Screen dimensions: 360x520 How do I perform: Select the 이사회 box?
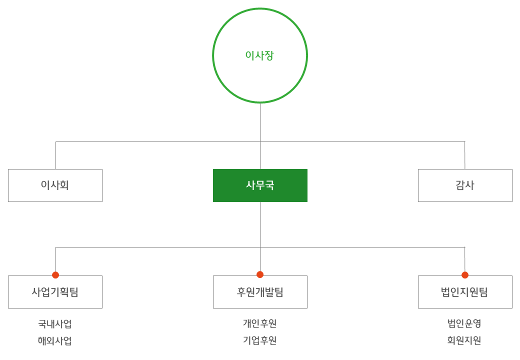[x=55, y=185]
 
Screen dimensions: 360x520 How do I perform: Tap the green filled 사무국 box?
[x=260, y=185]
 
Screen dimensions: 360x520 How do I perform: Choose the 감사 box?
[x=465, y=185]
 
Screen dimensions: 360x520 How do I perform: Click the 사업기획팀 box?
[x=55, y=292]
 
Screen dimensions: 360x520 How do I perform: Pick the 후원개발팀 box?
[x=260, y=292]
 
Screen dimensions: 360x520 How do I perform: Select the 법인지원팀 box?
[x=465, y=292]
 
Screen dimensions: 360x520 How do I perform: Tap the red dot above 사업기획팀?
[x=55, y=275]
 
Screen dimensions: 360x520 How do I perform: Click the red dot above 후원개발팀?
[x=260, y=274]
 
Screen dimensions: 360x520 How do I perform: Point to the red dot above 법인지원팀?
[x=465, y=275]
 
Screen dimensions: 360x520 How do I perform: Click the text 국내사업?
[x=55, y=324]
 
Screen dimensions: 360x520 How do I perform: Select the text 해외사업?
[x=55, y=341]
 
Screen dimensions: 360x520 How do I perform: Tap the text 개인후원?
[x=260, y=323]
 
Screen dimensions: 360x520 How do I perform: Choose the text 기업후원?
[x=260, y=340]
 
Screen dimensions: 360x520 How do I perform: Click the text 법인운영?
[x=464, y=323]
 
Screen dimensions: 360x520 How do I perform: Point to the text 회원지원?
[x=464, y=340]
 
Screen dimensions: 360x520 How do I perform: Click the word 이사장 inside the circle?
[x=259, y=55]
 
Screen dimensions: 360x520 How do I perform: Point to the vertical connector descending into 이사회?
[x=55, y=155]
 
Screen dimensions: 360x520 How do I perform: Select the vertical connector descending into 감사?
[x=464, y=155]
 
